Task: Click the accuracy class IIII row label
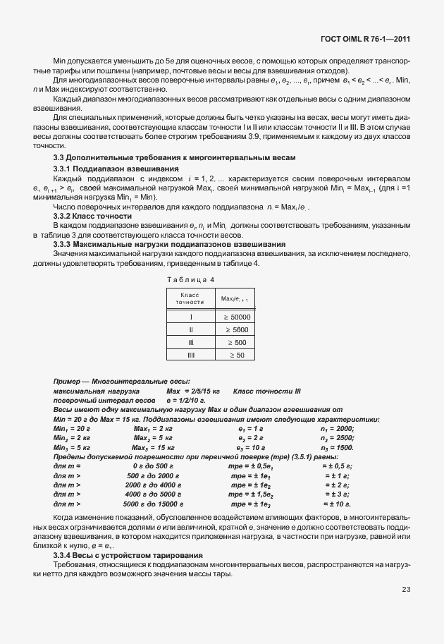click(191, 355)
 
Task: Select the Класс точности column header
click(191, 298)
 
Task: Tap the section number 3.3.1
click(64, 190)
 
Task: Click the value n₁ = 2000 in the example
click(337, 428)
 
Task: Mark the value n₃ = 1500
click(337, 447)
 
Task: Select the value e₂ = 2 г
click(250, 438)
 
